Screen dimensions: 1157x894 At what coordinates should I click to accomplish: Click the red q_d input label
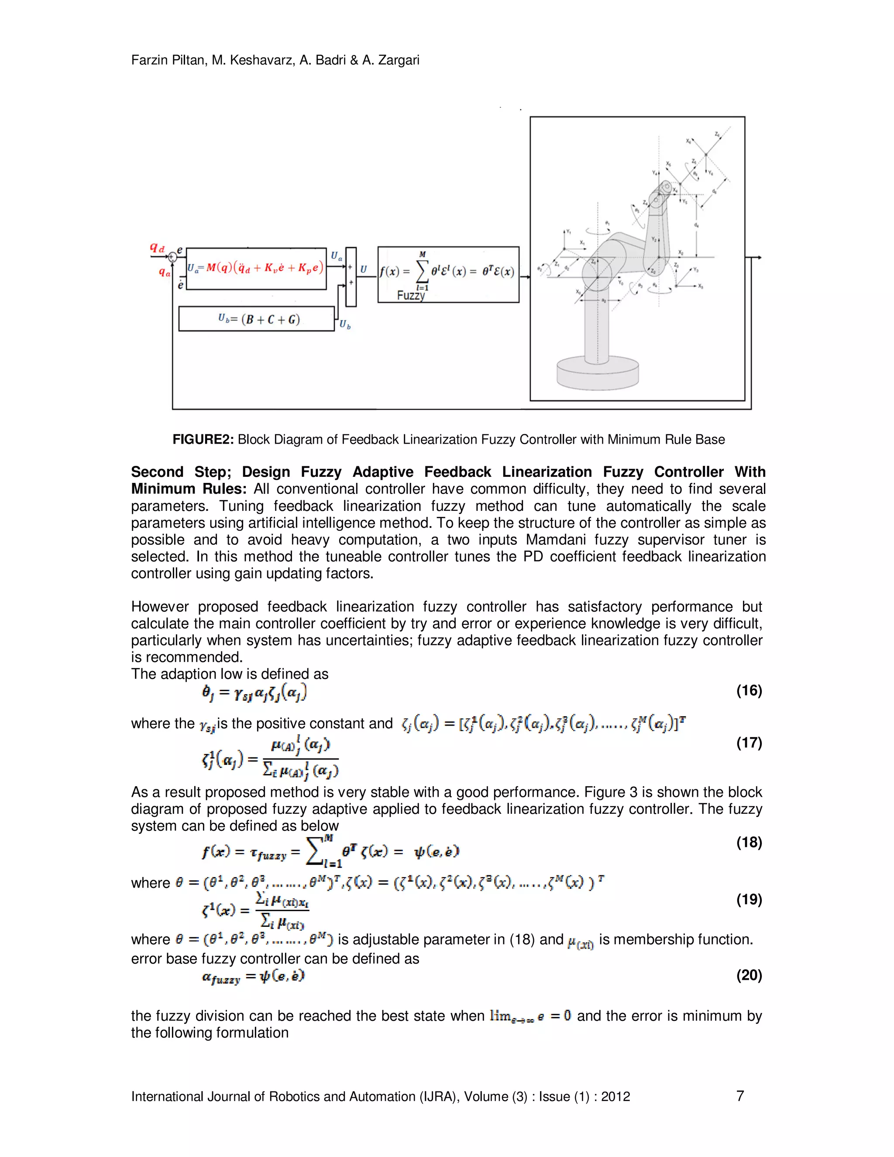coord(157,248)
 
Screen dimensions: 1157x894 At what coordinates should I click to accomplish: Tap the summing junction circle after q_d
coord(172,258)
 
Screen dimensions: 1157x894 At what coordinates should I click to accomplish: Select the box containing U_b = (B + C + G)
coord(256,319)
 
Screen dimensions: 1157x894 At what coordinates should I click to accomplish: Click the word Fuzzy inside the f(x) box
coord(410,295)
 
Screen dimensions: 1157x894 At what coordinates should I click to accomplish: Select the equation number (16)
coord(749,690)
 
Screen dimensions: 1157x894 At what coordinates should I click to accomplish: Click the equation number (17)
coord(749,742)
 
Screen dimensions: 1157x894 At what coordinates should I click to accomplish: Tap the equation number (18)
coord(749,842)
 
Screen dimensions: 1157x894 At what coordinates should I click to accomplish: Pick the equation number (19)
coord(749,899)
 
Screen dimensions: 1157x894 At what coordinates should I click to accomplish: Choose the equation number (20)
coord(749,975)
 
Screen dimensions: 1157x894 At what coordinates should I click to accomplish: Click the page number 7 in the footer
coord(740,1096)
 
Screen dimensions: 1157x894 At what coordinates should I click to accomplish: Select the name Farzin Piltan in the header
coord(169,60)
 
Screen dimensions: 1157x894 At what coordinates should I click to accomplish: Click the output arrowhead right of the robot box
coord(759,258)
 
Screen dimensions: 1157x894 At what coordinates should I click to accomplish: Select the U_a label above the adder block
coord(336,256)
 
